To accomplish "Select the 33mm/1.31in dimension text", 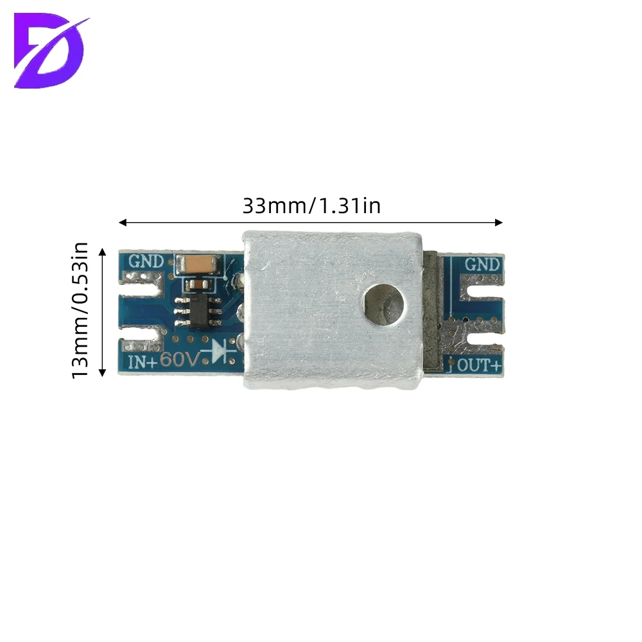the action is (311, 205).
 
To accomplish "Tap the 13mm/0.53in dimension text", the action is (80, 310).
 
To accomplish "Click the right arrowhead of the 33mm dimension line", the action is (499, 223).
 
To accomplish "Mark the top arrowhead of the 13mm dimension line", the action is (102, 252).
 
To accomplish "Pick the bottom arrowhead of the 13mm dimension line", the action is (102, 372).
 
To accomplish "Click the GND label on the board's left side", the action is (146, 261).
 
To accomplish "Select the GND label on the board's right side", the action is (482, 265).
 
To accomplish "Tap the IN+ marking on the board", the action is (143, 362).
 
